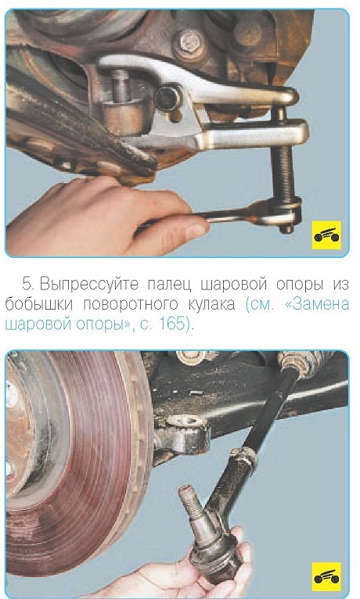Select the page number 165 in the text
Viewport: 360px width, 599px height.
(x=171, y=324)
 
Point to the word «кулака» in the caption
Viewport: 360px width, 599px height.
(x=212, y=304)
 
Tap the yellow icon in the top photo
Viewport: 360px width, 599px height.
(x=326, y=235)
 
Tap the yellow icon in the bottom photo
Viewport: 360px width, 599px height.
(x=326, y=576)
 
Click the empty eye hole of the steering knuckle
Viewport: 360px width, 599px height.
(x=188, y=421)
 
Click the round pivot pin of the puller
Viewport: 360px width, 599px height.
(x=167, y=99)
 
